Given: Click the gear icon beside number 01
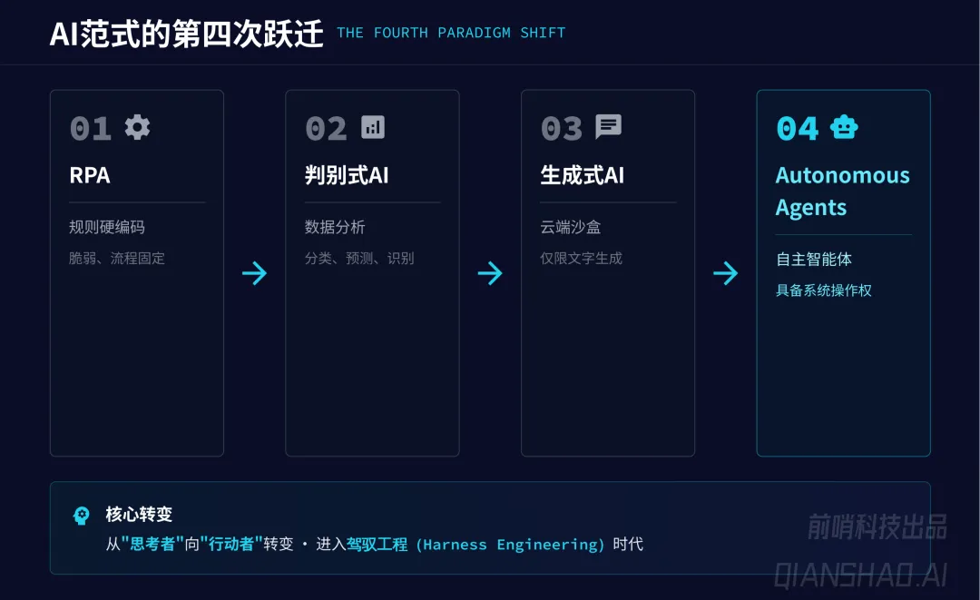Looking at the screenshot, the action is pyautogui.click(x=137, y=127).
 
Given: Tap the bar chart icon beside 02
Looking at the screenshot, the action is pyautogui.click(x=372, y=127).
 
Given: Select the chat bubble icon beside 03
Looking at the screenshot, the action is pyautogui.click(x=608, y=127).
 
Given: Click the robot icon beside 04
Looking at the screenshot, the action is pyautogui.click(x=844, y=127).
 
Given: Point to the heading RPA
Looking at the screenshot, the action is pyautogui.click(x=90, y=175).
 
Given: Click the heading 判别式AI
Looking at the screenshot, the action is pyautogui.click(x=347, y=175).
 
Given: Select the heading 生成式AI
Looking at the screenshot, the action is pyautogui.click(x=582, y=175).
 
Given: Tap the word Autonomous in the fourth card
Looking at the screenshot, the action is pyautogui.click(x=842, y=175).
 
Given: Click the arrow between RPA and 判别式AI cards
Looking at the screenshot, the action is pyautogui.click(x=255, y=273).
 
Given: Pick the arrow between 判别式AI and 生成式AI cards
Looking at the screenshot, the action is pyautogui.click(x=490, y=273).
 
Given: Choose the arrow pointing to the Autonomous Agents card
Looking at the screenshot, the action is pyautogui.click(x=726, y=273).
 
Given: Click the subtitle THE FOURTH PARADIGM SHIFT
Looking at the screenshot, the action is pyautogui.click(x=451, y=33).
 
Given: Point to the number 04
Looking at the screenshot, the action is pyautogui.click(x=797, y=129).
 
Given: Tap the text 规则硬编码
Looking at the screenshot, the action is pyautogui.click(x=106, y=227).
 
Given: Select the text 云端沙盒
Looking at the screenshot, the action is pyautogui.click(x=570, y=227).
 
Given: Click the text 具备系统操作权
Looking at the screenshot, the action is pyautogui.click(x=823, y=290).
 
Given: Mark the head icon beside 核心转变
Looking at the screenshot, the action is pyautogui.click(x=82, y=516).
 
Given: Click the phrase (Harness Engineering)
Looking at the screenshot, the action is pyautogui.click(x=510, y=545).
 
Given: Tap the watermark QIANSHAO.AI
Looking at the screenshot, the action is pyautogui.click(x=860, y=574).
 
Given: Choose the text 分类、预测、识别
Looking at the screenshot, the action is pyautogui.click(x=359, y=258).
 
